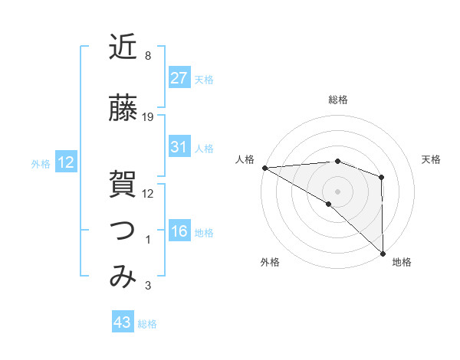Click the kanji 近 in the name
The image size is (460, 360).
(123, 47)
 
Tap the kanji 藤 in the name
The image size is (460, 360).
(123, 109)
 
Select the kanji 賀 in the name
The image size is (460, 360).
(123, 185)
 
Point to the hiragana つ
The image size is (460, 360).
(123, 230)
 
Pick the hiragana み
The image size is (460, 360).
(123, 277)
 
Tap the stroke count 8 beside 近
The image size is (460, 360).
(147, 56)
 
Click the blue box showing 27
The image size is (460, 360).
(179, 77)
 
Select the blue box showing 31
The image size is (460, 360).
(179, 147)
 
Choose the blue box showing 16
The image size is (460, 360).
(179, 231)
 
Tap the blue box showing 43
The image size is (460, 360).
(123, 322)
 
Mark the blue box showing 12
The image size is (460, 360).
(65, 162)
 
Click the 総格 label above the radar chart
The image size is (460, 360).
(338, 100)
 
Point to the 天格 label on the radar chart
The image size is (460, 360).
(431, 159)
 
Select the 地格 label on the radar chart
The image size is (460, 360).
(402, 263)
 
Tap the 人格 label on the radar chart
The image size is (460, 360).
(245, 159)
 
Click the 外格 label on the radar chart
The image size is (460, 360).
(270, 263)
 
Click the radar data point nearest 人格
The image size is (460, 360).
(264, 167)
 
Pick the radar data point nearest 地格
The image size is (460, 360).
(383, 253)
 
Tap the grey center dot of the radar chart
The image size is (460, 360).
(337, 190)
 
